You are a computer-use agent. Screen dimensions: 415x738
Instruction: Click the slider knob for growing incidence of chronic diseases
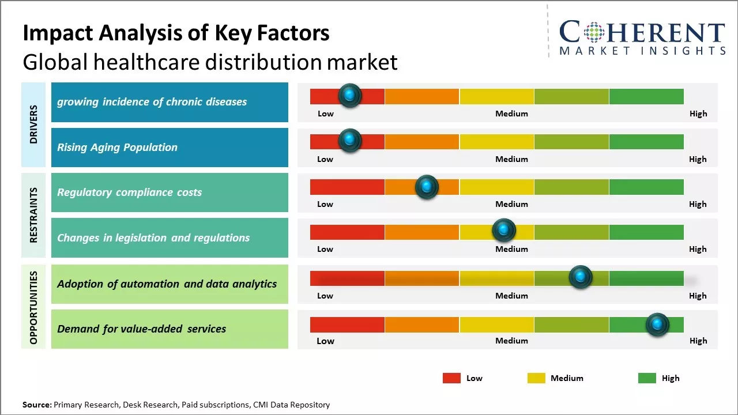[x=349, y=96]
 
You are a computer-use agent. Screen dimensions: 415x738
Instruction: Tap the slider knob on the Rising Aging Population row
[x=349, y=141]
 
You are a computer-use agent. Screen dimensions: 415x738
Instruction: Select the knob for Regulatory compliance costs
[x=427, y=187]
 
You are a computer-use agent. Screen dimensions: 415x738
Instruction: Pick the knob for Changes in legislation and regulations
[x=504, y=231]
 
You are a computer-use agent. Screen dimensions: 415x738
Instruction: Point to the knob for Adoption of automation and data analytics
[x=581, y=277]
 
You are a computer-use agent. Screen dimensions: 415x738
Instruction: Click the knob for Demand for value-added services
[x=657, y=325]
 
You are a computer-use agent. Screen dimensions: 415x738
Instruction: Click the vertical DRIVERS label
[x=33, y=124]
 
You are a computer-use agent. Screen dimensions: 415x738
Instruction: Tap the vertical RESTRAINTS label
[x=33, y=215]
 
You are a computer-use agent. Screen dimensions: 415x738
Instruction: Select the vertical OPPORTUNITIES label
[x=33, y=307]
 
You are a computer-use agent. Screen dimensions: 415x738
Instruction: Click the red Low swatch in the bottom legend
[x=451, y=378]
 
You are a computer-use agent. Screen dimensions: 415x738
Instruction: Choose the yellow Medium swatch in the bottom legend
[x=536, y=378]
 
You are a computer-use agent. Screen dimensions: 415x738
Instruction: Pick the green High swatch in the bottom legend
[x=647, y=378]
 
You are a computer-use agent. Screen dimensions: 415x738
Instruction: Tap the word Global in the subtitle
[x=52, y=62]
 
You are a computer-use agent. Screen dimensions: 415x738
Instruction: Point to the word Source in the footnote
[x=36, y=405]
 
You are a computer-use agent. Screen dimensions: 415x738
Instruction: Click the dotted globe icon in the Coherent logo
[x=594, y=32]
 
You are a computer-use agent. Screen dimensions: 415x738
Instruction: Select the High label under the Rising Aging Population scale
[x=698, y=159]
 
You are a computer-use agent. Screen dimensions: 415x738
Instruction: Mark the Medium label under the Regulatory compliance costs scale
[x=511, y=204]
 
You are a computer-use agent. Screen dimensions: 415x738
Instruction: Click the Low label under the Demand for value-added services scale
[x=325, y=341]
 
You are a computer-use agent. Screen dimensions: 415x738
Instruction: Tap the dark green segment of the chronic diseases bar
[x=646, y=96]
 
